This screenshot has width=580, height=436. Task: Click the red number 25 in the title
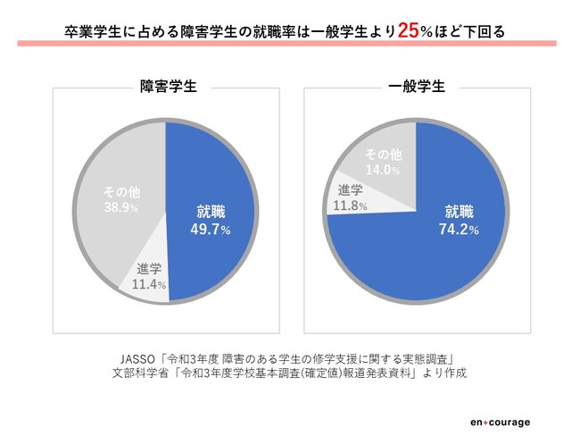point(410,29)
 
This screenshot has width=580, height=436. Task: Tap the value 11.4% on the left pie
point(148,285)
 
